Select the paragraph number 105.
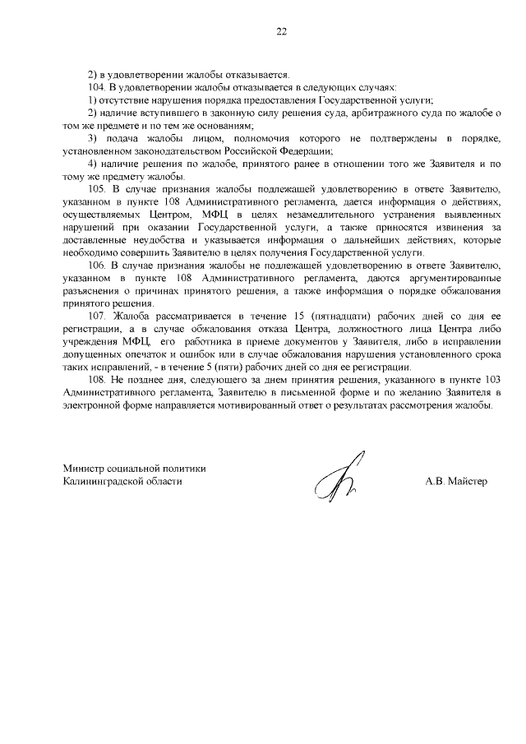(x=96, y=189)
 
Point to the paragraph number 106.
(x=96, y=266)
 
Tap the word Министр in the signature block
(x=85, y=468)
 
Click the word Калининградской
(x=104, y=481)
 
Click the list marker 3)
(x=94, y=138)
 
